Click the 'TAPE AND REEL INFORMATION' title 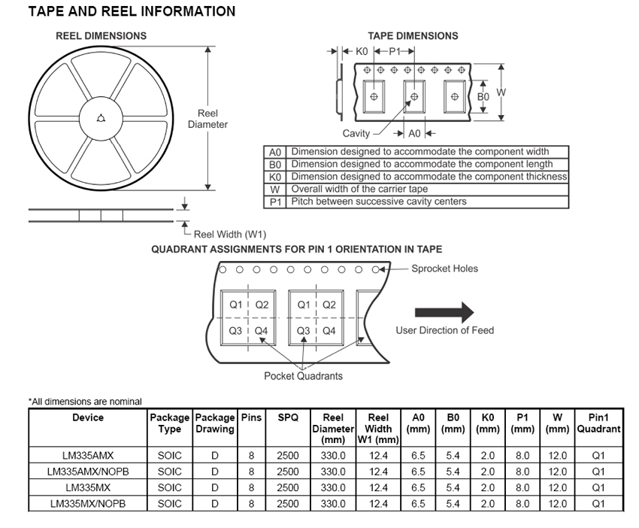pos(132,12)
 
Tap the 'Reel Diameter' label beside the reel pos(207,119)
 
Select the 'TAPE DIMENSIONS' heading pos(413,35)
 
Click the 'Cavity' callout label pos(356,134)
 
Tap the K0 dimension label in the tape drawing pos(361,51)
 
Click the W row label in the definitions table pos(275,190)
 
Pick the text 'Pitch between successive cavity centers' pos(379,202)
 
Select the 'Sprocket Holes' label pos(444,269)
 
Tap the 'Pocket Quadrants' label pos(303,376)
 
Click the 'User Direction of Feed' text pos(445,330)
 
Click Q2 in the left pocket pos(262,305)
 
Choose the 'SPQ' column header pos(288,417)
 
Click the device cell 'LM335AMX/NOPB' pos(88,472)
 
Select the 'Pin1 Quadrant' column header pos(598,423)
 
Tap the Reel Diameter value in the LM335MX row pos(333,487)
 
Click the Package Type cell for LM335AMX pos(170,455)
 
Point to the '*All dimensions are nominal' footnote pos(85,402)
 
